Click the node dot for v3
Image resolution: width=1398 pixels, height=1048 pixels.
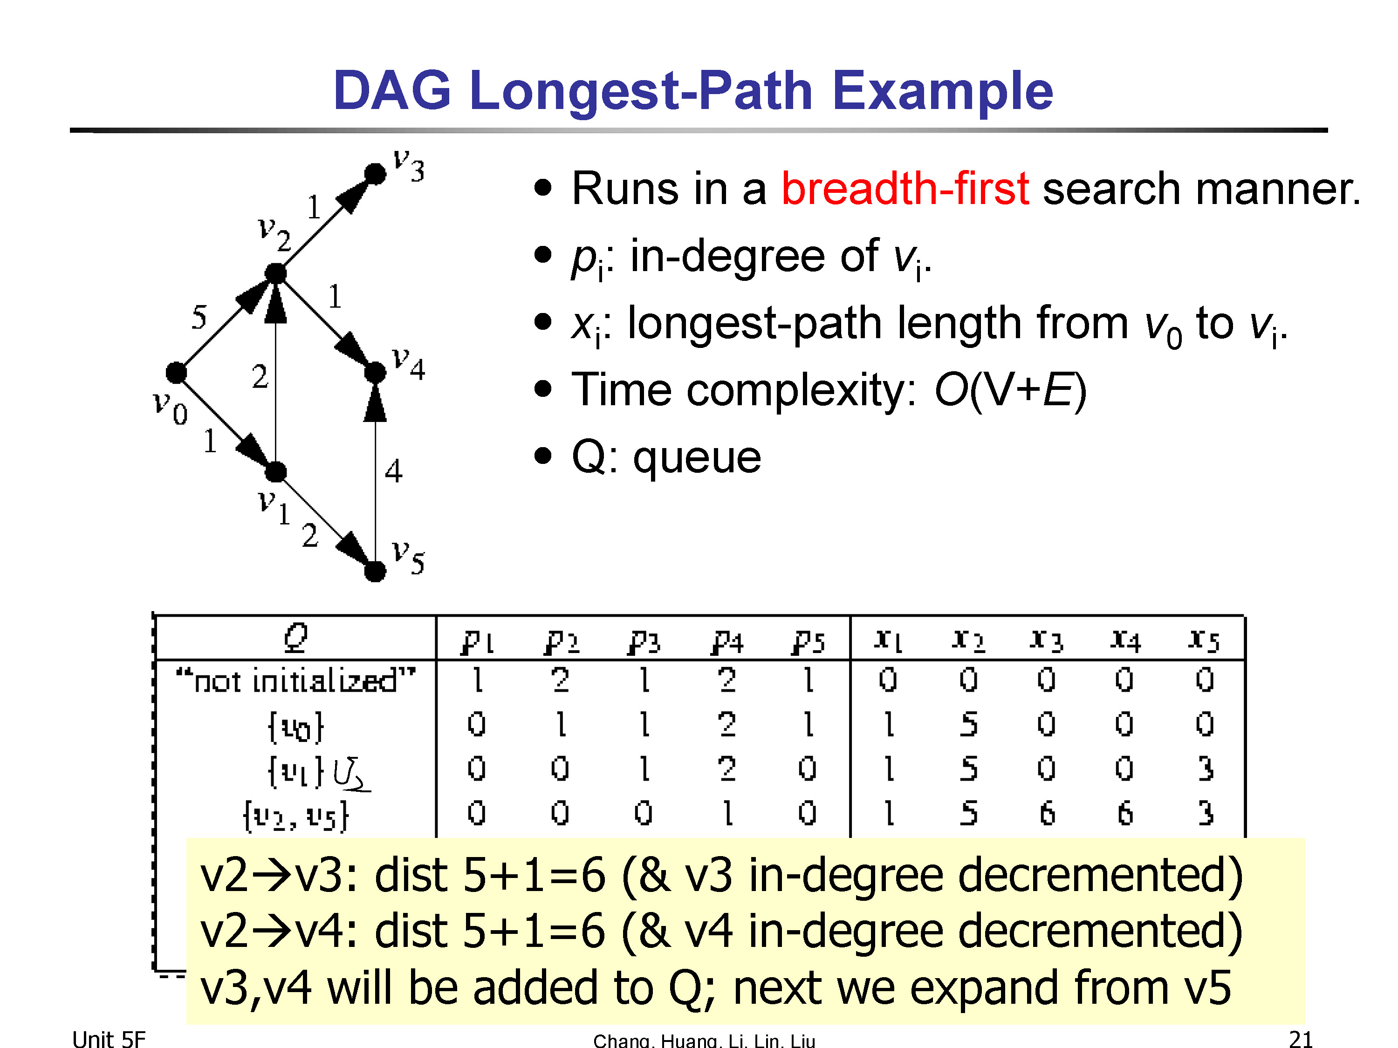(376, 173)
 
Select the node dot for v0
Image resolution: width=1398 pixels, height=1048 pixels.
(176, 373)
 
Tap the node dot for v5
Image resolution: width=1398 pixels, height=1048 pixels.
(376, 571)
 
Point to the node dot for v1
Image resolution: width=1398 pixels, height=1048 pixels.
(275, 471)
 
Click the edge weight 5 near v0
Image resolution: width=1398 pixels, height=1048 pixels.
(199, 316)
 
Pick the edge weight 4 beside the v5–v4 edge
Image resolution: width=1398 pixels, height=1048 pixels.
(394, 470)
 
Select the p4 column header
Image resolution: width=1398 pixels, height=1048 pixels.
(727, 642)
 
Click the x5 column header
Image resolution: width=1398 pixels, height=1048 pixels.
(1204, 640)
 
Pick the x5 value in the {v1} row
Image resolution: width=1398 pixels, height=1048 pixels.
(1205, 769)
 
